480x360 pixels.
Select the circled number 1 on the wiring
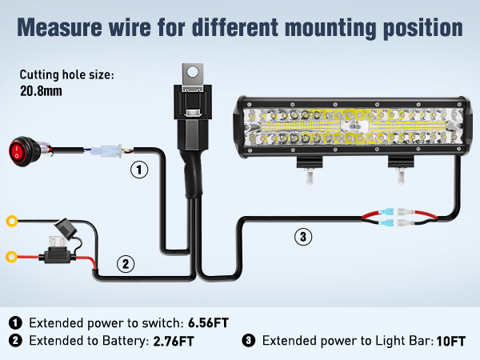point(140,170)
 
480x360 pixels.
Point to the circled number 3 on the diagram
point(302,236)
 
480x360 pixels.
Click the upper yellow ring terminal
point(12,220)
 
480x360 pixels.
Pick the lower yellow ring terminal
point(12,257)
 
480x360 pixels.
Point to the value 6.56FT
point(209,323)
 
